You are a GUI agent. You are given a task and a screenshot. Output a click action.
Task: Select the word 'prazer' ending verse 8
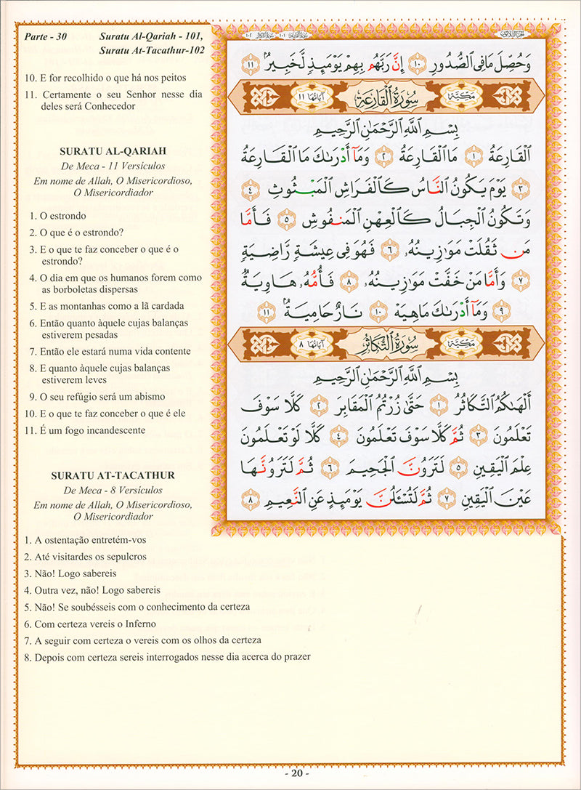298,657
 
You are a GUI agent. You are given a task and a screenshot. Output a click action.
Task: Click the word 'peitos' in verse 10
174,77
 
